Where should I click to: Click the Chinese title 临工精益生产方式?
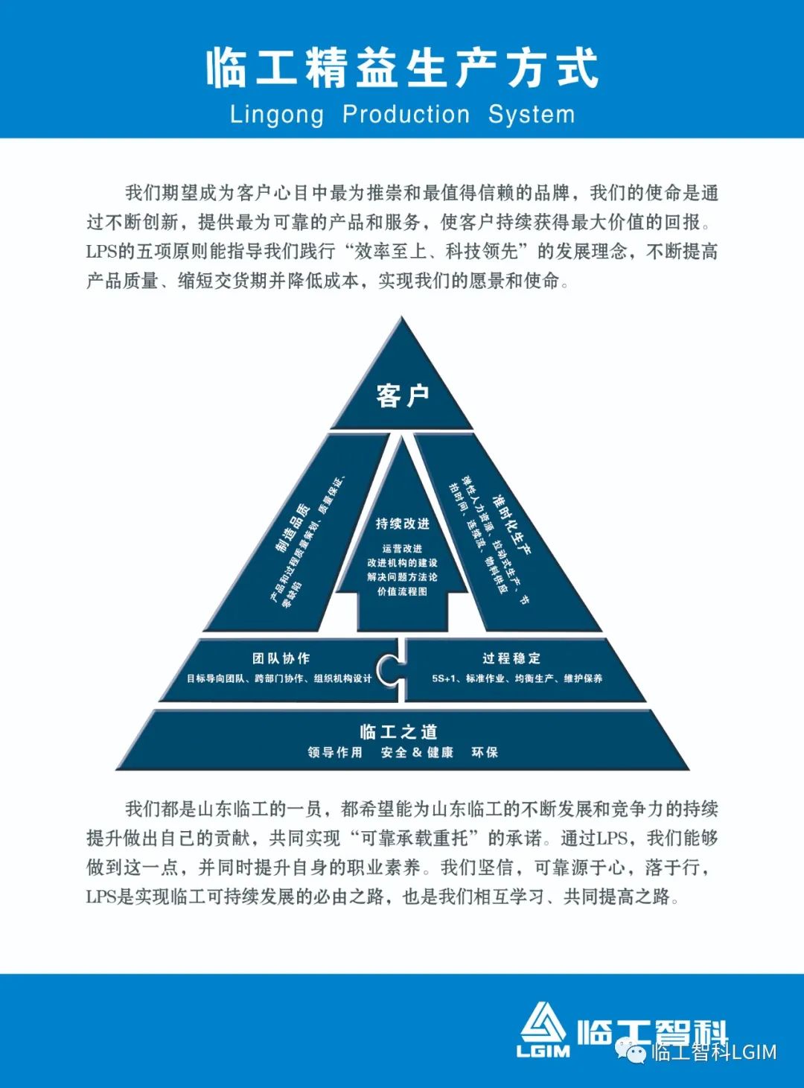(402, 68)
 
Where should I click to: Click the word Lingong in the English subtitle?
(277, 115)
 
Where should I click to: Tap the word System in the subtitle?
(532, 115)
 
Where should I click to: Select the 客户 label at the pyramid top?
(402, 395)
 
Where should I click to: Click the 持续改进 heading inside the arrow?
(402, 524)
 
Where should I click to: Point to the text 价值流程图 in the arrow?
(402, 591)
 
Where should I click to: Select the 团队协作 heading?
(281, 658)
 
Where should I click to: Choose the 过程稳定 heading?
(511, 658)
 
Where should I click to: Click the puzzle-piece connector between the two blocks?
(389, 669)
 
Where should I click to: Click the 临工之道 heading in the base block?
(398, 731)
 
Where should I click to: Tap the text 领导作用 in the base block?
(335, 752)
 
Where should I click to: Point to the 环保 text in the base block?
(485, 752)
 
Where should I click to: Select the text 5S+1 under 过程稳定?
(444, 678)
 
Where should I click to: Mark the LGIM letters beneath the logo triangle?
(543, 1051)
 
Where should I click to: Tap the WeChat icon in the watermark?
(636, 1052)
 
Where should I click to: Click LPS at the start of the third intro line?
(100, 252)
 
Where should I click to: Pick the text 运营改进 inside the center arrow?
(402, 548)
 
